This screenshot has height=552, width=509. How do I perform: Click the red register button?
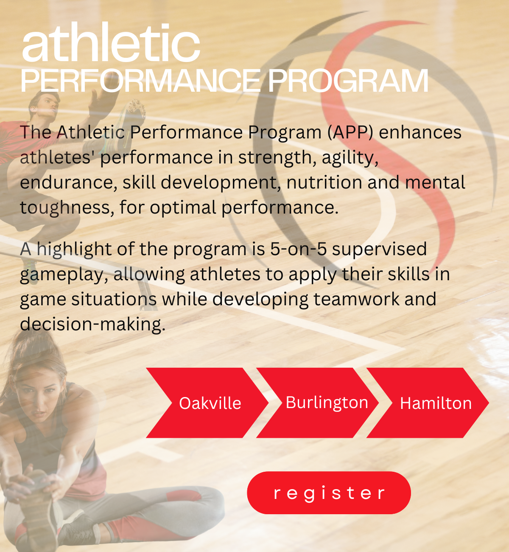[x=329, y=493]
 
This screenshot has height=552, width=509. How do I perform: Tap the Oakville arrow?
[x=207, y=403]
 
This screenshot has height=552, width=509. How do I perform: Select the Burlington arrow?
[x=318, y=403]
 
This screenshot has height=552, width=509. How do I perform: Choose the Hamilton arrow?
[x=428, y=403]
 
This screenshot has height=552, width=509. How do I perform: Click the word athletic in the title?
[x=111, y=42]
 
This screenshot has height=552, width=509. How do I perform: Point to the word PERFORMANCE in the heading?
[x=140, y=81]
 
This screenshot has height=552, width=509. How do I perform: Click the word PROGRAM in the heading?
[x=348, y=81]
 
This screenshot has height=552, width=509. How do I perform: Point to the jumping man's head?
[x=45, y=105]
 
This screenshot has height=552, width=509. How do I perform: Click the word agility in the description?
[x=350, y=158]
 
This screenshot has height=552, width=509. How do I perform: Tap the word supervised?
[x=379, y=249]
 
